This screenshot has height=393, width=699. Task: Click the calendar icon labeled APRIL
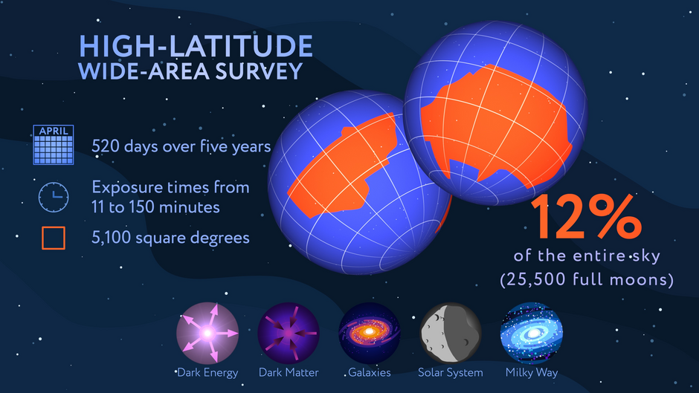pos(54,144)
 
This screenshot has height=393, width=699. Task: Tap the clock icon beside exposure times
pos(54,196)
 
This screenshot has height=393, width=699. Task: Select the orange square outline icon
pos(52,238)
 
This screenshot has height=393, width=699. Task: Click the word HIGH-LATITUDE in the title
pos(196,45)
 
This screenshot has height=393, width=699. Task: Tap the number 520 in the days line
pos(106,146)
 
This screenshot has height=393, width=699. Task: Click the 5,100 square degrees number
pos(110,238)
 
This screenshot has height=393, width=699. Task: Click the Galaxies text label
pos(370,372)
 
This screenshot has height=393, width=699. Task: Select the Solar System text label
pos(451,372)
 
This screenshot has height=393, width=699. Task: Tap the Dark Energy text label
pos(207,372)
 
